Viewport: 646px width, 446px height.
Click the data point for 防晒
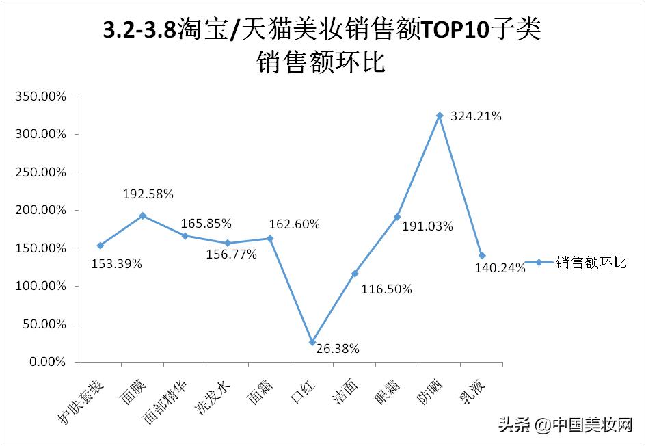(x=440, y=116)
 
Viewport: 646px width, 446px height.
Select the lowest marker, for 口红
(x=312, y=342)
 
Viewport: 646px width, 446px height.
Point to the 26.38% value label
(x=337, y=349)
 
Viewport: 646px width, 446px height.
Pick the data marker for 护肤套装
(x=100, y=246)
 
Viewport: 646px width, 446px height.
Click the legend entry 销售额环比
(x=591, y=263)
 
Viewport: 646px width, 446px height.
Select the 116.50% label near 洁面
(x=387, y=289)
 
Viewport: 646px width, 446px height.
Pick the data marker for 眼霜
(x=397, y=217)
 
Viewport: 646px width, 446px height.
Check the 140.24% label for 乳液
(x=500, y=268)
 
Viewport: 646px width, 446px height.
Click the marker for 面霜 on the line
(x=270, y=239)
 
